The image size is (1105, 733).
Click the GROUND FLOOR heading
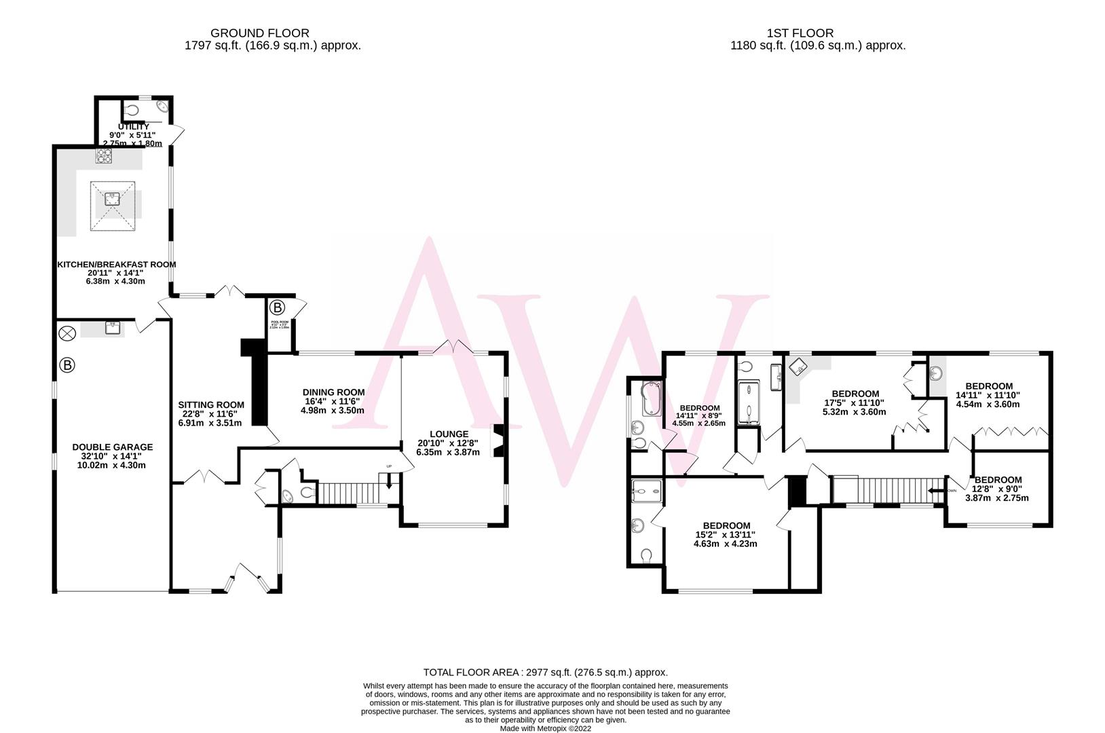[x=259, y=33]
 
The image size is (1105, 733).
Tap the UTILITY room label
[x=133, y=127]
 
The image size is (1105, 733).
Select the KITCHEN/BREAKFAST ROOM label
[x=116, y=265]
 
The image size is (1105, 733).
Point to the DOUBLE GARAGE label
[x=113, y=447]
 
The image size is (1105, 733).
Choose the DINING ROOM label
[x=333, y=392]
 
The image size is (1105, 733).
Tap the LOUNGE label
[x=449, y=434]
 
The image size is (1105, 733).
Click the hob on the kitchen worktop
[x=103, y=156]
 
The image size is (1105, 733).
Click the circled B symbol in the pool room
[x=279, y=307]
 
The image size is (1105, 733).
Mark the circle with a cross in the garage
[x=67, y=333]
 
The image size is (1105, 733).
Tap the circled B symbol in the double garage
[x=67, y=366]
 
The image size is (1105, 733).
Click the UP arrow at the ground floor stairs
[x=389, y=478]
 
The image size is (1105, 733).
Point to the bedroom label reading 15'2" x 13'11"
[x=726, y=526]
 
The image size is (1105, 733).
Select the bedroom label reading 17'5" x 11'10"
[x=855, y=394]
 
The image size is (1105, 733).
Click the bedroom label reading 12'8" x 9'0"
[x=998, y=480]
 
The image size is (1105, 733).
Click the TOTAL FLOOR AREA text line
[x=545, y=673]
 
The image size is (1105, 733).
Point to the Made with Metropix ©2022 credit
[x=546, y=728]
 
